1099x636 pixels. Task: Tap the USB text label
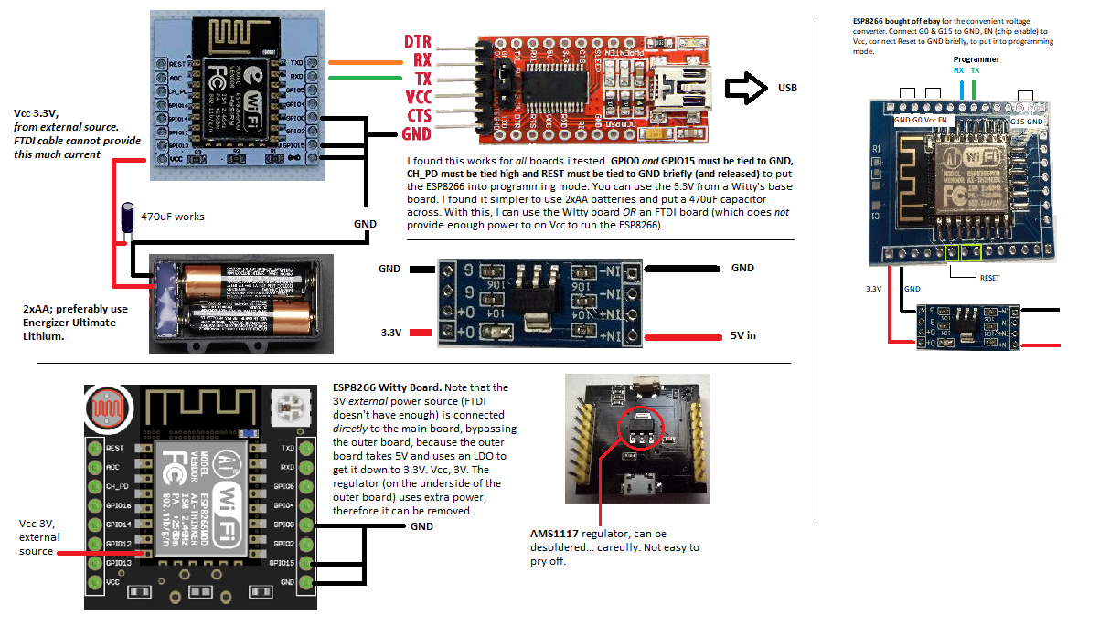pos(787,88)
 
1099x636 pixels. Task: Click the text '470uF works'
pos(173,217)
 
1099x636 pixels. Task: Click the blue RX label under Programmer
pos(958,70)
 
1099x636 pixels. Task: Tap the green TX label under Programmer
pos(975,70)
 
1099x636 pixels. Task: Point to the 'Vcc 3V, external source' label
pos(38,537)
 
